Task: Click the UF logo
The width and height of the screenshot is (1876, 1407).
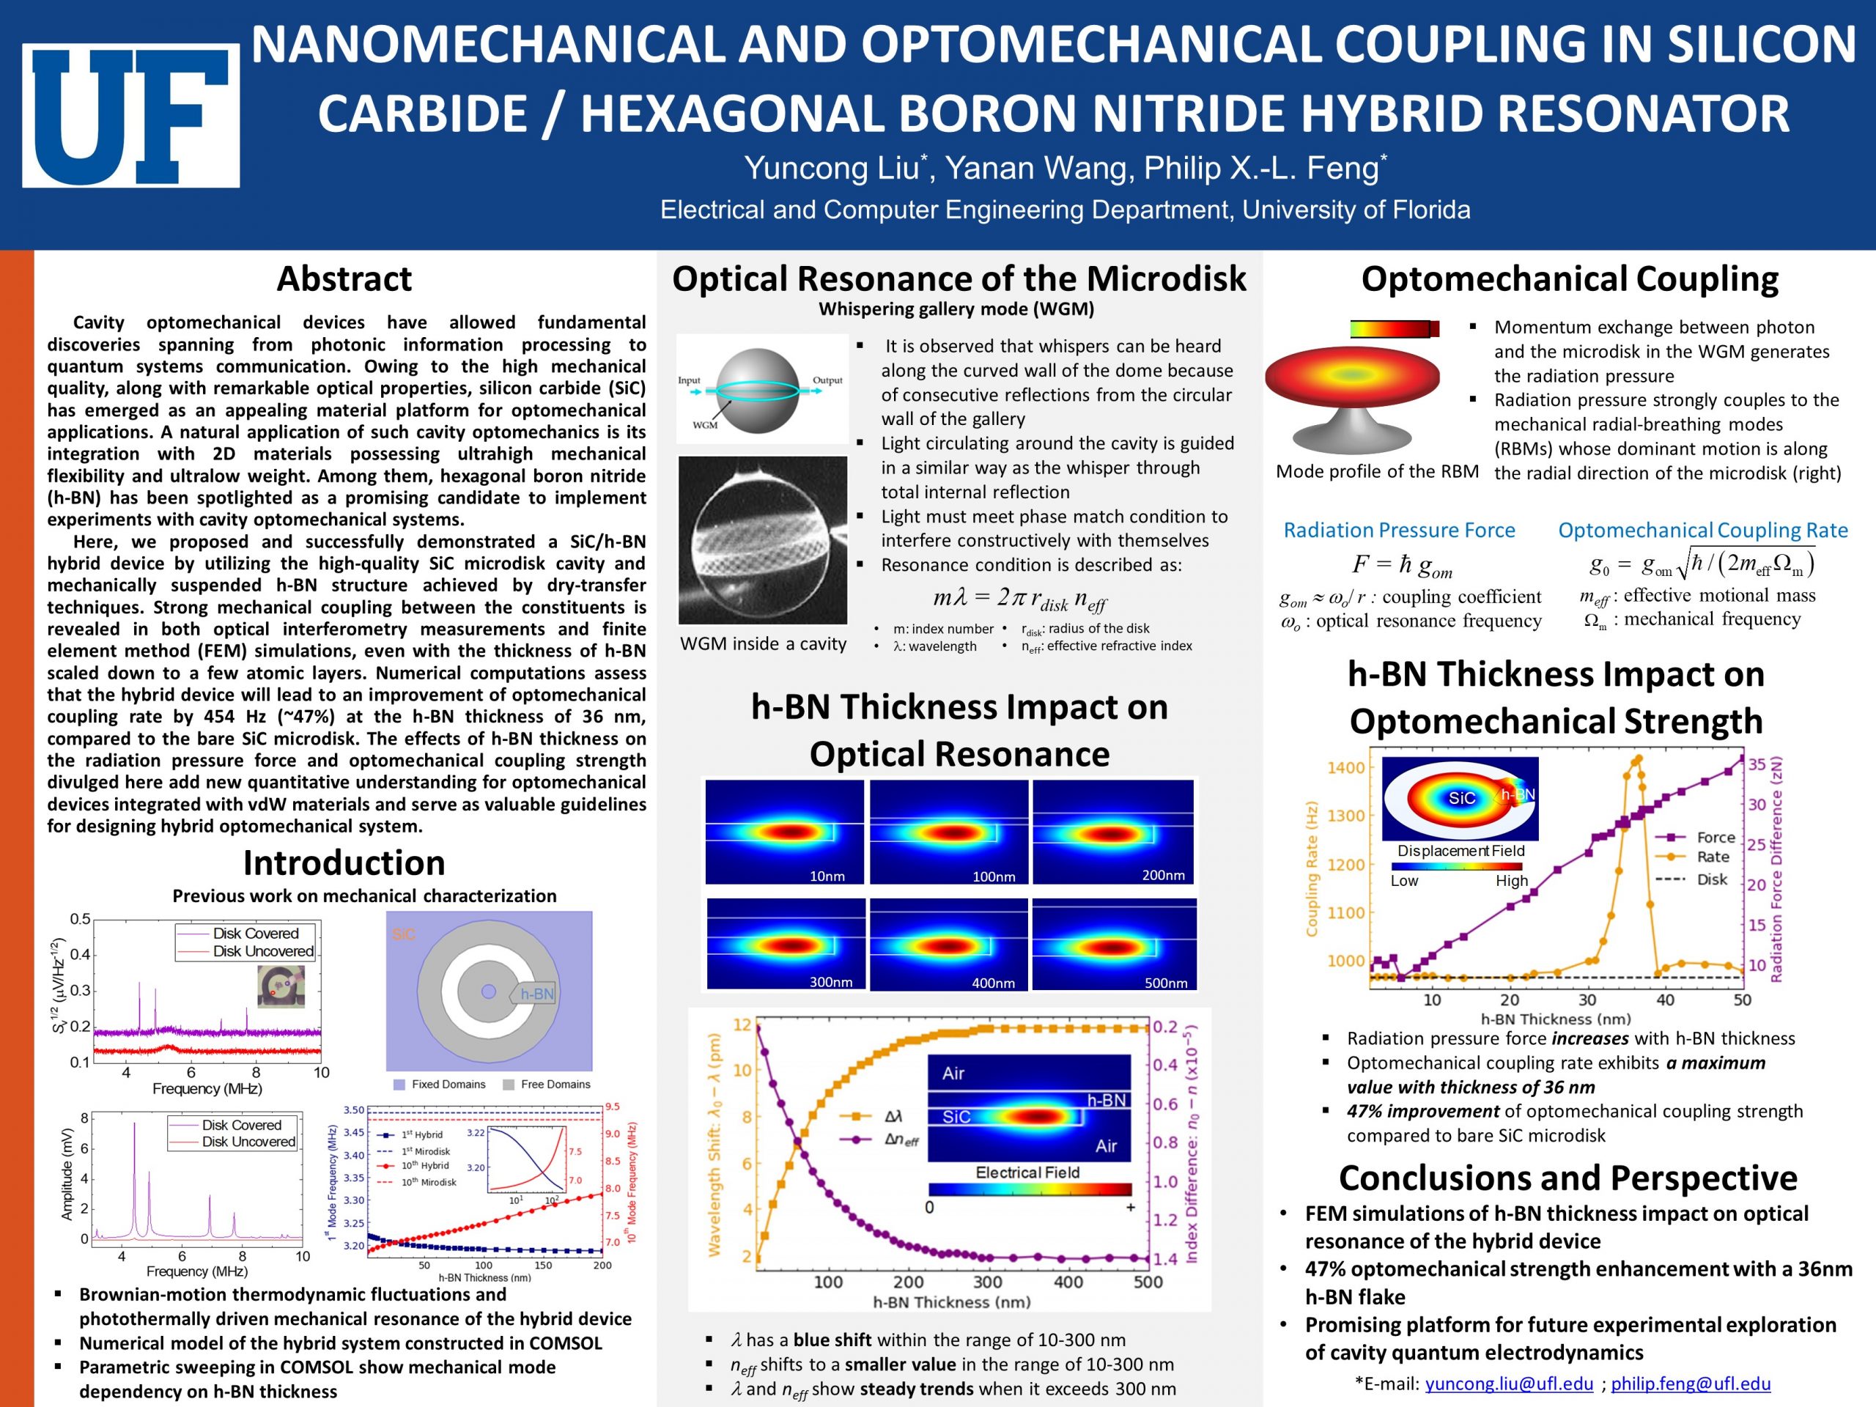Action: pyautogui.click(x=130, y=115)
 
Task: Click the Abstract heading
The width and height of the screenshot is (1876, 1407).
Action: pyautogui.click(x=344, y=278)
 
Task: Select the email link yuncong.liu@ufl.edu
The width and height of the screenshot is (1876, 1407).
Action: pyautogui.click(x=1509, y=1384)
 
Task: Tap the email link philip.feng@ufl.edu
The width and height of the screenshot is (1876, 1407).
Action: pyautogui.click(x=1691, y=1384)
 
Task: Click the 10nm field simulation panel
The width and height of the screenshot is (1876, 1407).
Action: pyautogui.click(x=785, y=832)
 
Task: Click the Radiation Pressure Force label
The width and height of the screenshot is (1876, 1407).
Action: pyautogui.click(x=1400, y=530)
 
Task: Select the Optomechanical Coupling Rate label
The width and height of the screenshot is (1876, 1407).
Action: pyautogui.click(x=1703, y=530)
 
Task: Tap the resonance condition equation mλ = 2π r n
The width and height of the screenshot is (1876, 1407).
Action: pyautogui.click(x=1019, y=599)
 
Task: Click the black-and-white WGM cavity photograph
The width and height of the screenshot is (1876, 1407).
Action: pyautogui.click(x=762, y=539)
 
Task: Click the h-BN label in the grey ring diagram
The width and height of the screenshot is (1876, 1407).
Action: pyautogui.click(x=537, y=994)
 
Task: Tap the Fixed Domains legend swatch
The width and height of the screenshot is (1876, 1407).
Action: pyautogui.click(x=399, y=1084)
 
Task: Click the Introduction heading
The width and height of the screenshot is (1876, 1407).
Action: pyautogui.click(x=344, y=863)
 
